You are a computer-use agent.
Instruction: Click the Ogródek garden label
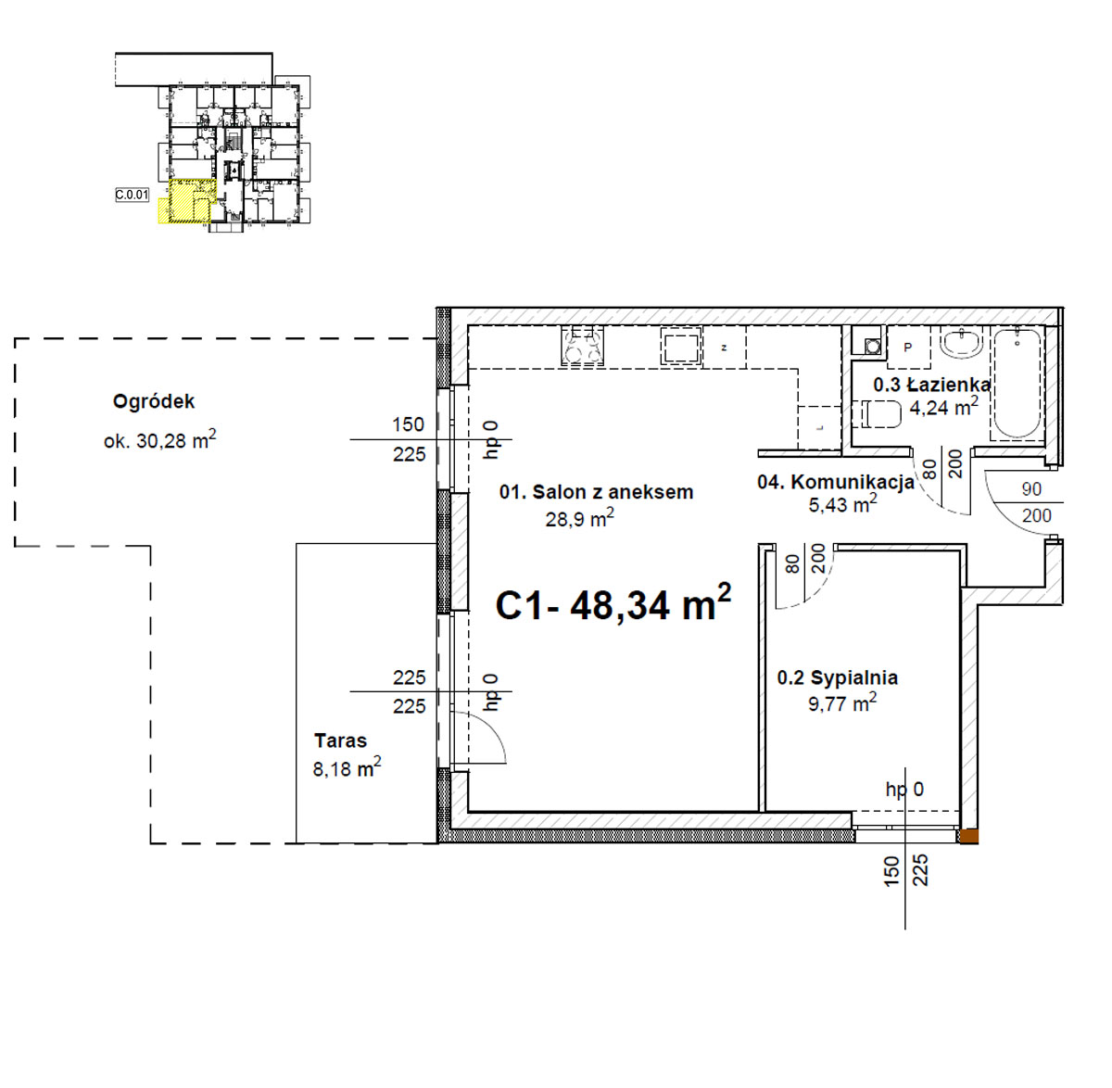154,402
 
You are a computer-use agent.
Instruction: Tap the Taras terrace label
341,740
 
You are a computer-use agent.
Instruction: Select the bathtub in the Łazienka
1017,385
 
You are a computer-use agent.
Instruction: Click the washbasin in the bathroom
962,344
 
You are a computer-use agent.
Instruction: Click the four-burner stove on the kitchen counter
582,346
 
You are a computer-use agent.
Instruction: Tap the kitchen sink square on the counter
680,346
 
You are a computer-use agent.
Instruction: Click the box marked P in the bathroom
908,347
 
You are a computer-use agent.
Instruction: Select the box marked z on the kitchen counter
724,348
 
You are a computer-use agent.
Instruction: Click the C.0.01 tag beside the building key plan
132,195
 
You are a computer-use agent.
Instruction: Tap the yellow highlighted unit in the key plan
184,202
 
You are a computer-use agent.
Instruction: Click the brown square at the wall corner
968,837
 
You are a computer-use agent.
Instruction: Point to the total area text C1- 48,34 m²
613,603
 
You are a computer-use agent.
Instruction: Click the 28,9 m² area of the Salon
579,518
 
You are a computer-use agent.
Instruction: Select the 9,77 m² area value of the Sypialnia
842,702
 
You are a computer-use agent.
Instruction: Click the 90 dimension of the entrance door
1031,489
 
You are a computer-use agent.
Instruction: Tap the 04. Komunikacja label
836,482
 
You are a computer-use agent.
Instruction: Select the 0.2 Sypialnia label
837,678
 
